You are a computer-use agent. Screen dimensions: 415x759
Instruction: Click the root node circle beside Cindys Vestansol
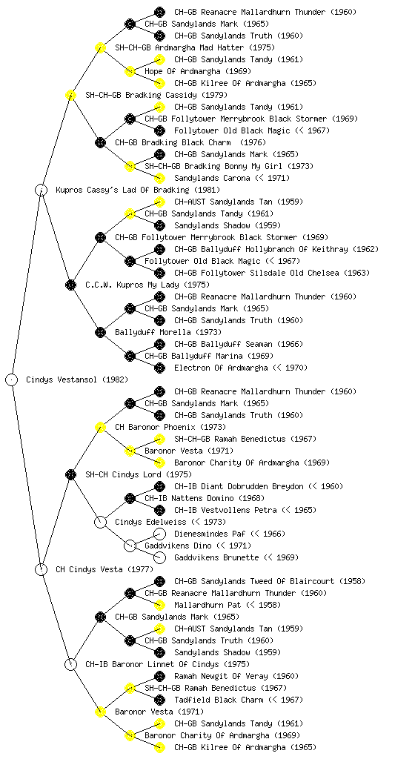click(x=12, y=379)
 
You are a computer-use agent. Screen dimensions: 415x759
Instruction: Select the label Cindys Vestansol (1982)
click(x=77, y=379)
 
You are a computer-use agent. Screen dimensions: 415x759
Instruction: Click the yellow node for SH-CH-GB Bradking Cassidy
click(x=70, y=95)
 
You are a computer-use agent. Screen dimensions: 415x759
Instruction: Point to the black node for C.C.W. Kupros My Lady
click(x=70, y=285)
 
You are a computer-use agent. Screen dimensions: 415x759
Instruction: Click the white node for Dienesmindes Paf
click(x=159, y=534)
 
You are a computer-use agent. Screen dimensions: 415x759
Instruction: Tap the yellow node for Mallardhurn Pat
click(x=159, y=605)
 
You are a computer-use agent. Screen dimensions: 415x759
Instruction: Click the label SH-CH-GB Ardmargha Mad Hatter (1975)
click(x=195, y=47)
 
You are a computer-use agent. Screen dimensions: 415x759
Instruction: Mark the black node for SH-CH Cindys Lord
click(x=70, y=474)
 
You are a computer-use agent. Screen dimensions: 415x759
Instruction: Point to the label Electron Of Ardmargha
click(x=221, y=368)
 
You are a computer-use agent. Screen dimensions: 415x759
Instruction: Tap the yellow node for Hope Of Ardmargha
click(x=130, y=71)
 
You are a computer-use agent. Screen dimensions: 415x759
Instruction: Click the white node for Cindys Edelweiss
click(x=100, y=522)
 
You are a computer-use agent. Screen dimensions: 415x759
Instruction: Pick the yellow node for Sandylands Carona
click(x=159, y=178)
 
